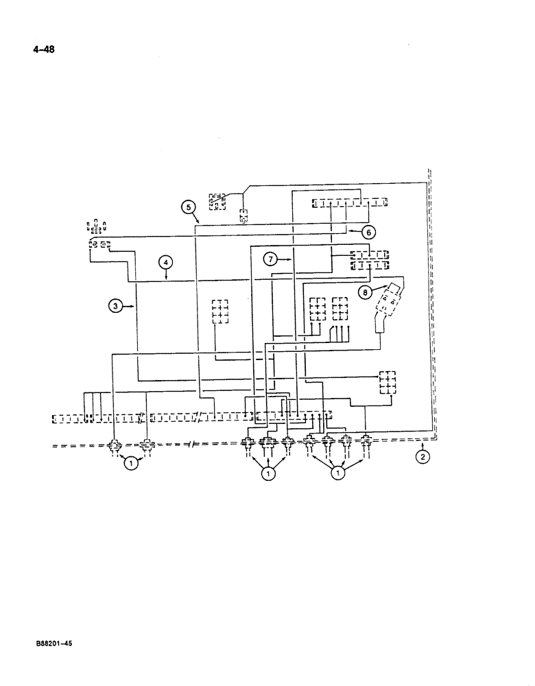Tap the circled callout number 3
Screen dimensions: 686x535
117,306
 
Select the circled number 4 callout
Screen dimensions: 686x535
165,261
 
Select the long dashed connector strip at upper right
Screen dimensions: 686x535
348,203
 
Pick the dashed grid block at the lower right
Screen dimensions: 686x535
387,383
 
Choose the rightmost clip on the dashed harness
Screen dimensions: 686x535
366,440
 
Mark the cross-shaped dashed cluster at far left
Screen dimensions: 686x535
96,227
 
